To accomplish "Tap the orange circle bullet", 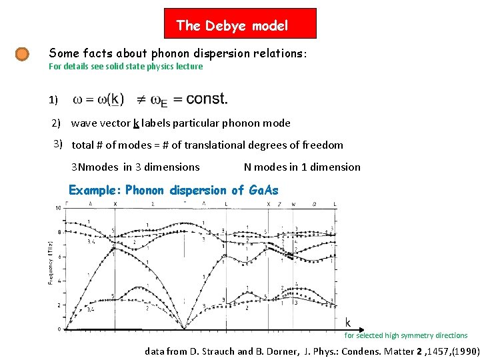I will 22,53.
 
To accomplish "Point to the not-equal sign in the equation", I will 141,100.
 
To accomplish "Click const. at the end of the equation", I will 207,99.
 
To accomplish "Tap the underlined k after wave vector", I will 136,123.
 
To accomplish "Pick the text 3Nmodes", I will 95,167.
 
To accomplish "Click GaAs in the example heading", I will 263,190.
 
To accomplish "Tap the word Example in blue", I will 95,190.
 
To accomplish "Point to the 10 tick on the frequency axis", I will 57,207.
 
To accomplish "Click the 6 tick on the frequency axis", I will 59,257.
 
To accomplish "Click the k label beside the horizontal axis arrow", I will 347,322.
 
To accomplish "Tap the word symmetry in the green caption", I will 417,335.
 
